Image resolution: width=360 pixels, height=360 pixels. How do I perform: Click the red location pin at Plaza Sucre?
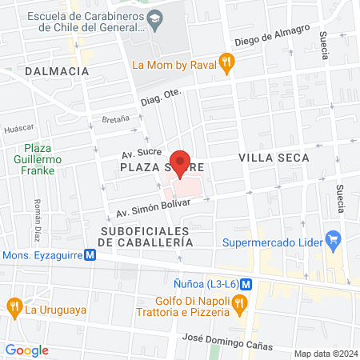[x=182, y=162]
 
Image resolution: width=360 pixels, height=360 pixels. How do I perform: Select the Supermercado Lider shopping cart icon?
[x=334, y=239]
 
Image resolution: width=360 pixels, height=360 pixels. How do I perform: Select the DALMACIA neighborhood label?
[x=56, y=71]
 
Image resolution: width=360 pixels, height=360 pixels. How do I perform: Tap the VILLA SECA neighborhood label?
[x=274, y=159]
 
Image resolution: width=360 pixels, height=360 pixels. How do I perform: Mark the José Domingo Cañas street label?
[x=228, y=342]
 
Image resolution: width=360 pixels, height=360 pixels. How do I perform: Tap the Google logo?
[x=27, y=350]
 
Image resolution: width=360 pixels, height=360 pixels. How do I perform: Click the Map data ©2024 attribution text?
[x=324, y=353]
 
